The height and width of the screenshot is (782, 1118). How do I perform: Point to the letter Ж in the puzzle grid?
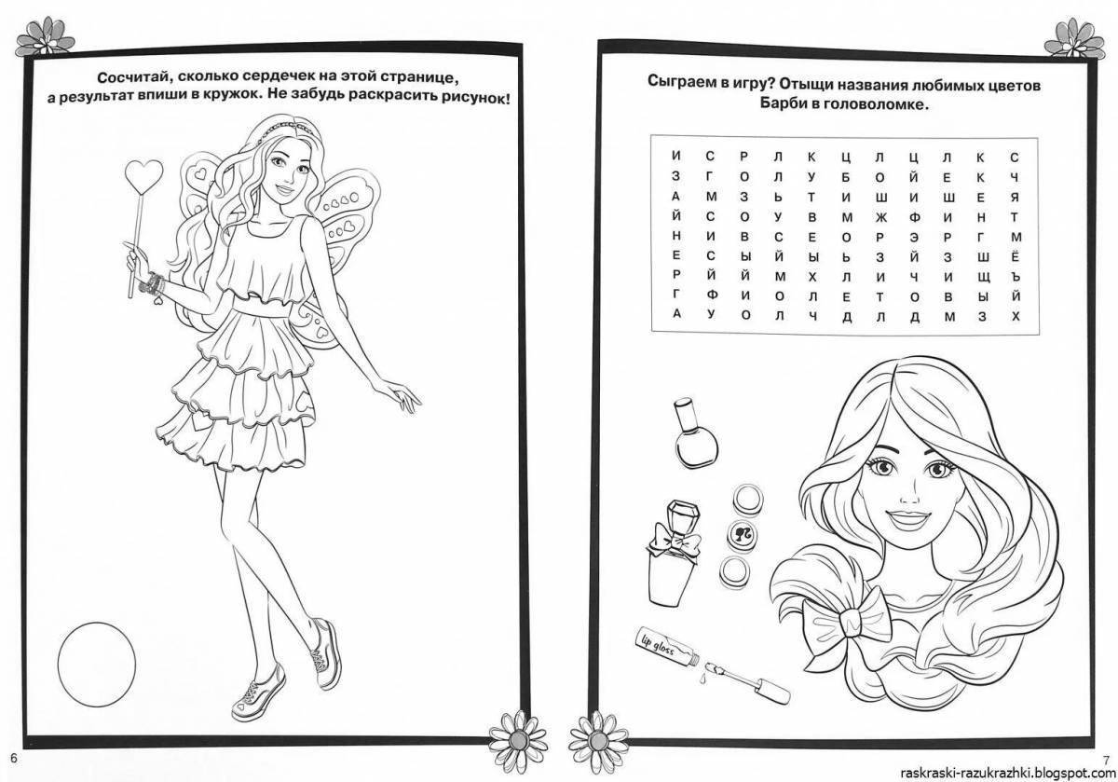[x=880, y=217]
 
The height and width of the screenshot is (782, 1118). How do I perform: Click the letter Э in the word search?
[x=914, y=237]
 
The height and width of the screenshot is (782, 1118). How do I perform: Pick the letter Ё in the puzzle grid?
[x=1016, y=256]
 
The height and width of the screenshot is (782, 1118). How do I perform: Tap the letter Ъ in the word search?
[x=1016, y=277]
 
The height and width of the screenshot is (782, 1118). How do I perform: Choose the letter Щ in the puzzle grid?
[x=983, y=277]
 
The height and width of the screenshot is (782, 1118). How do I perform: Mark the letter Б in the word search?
[x=846, y=177]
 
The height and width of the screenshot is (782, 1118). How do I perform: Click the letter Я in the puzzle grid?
[x=1015, y=198]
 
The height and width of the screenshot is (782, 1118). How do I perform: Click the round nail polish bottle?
[x=695, y=432]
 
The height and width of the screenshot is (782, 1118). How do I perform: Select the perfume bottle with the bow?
[x=673, y=553]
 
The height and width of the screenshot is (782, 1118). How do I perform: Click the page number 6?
[x=13, y=758]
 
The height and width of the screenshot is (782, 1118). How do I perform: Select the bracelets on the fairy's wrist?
[x=152, y=284]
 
